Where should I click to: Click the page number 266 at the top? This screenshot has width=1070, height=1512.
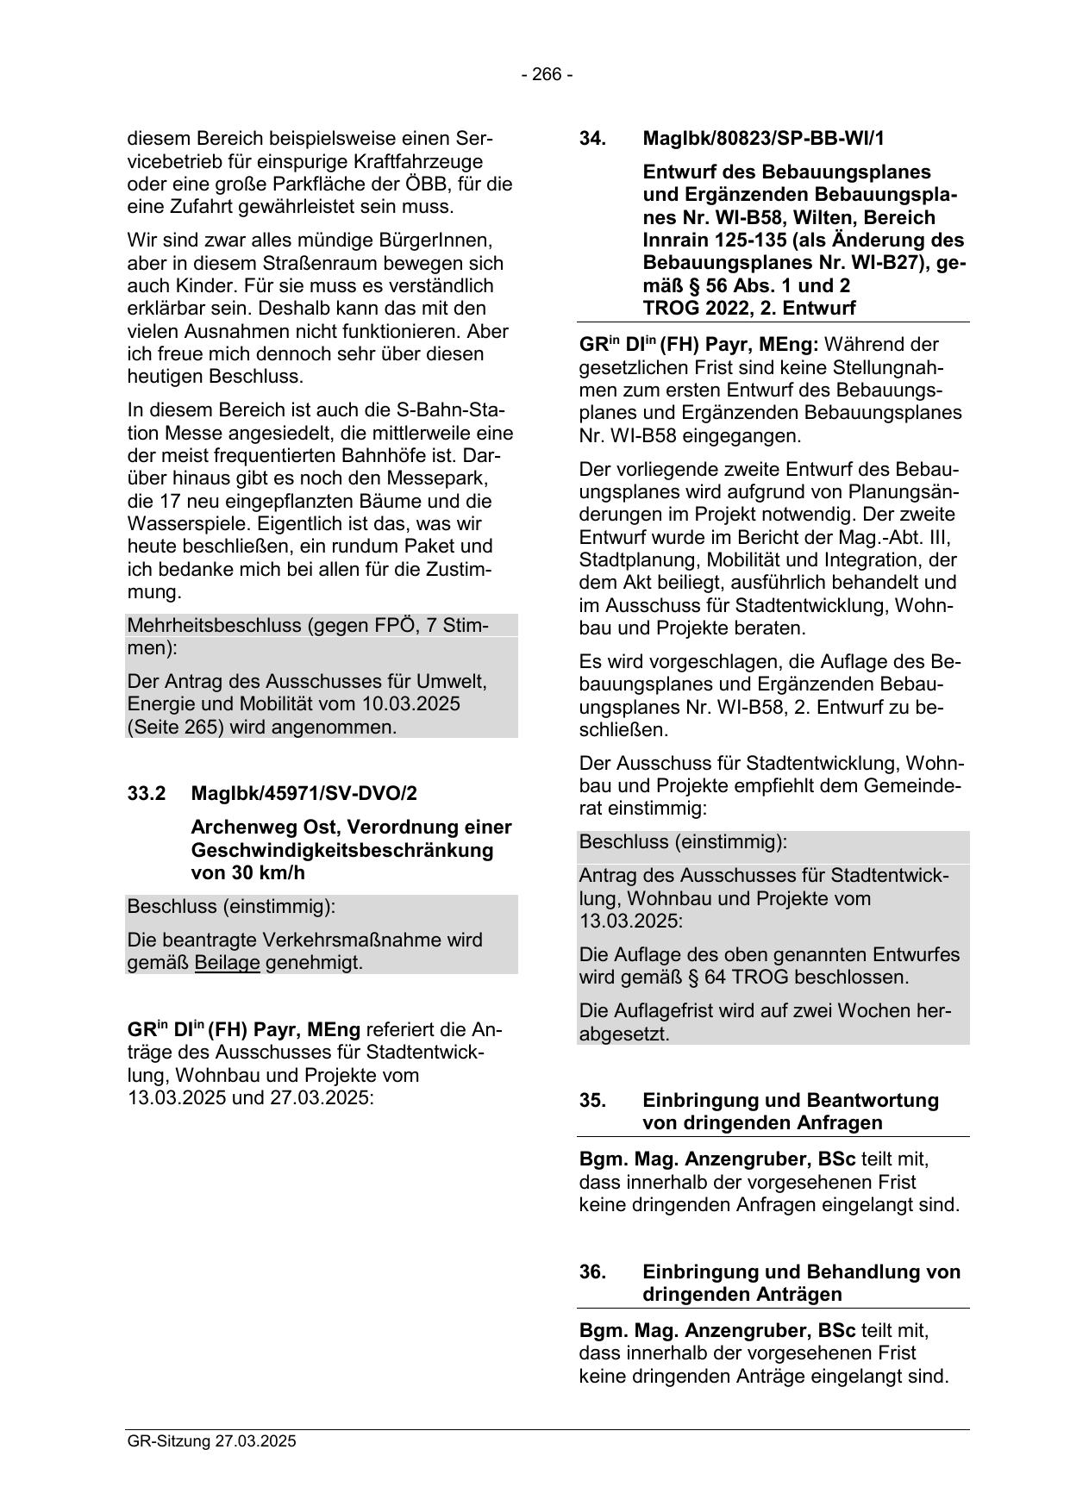[x=547, y=75]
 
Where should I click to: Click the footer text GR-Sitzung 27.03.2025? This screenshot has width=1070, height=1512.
[x=211, y=1440]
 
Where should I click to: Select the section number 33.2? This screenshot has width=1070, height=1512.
[x=147, y=793]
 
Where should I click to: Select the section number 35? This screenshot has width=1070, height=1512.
[x=592, y=1101]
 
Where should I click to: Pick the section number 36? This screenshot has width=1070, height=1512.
[x=592, y=1272]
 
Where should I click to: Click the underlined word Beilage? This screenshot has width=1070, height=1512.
[x=228, y=963]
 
